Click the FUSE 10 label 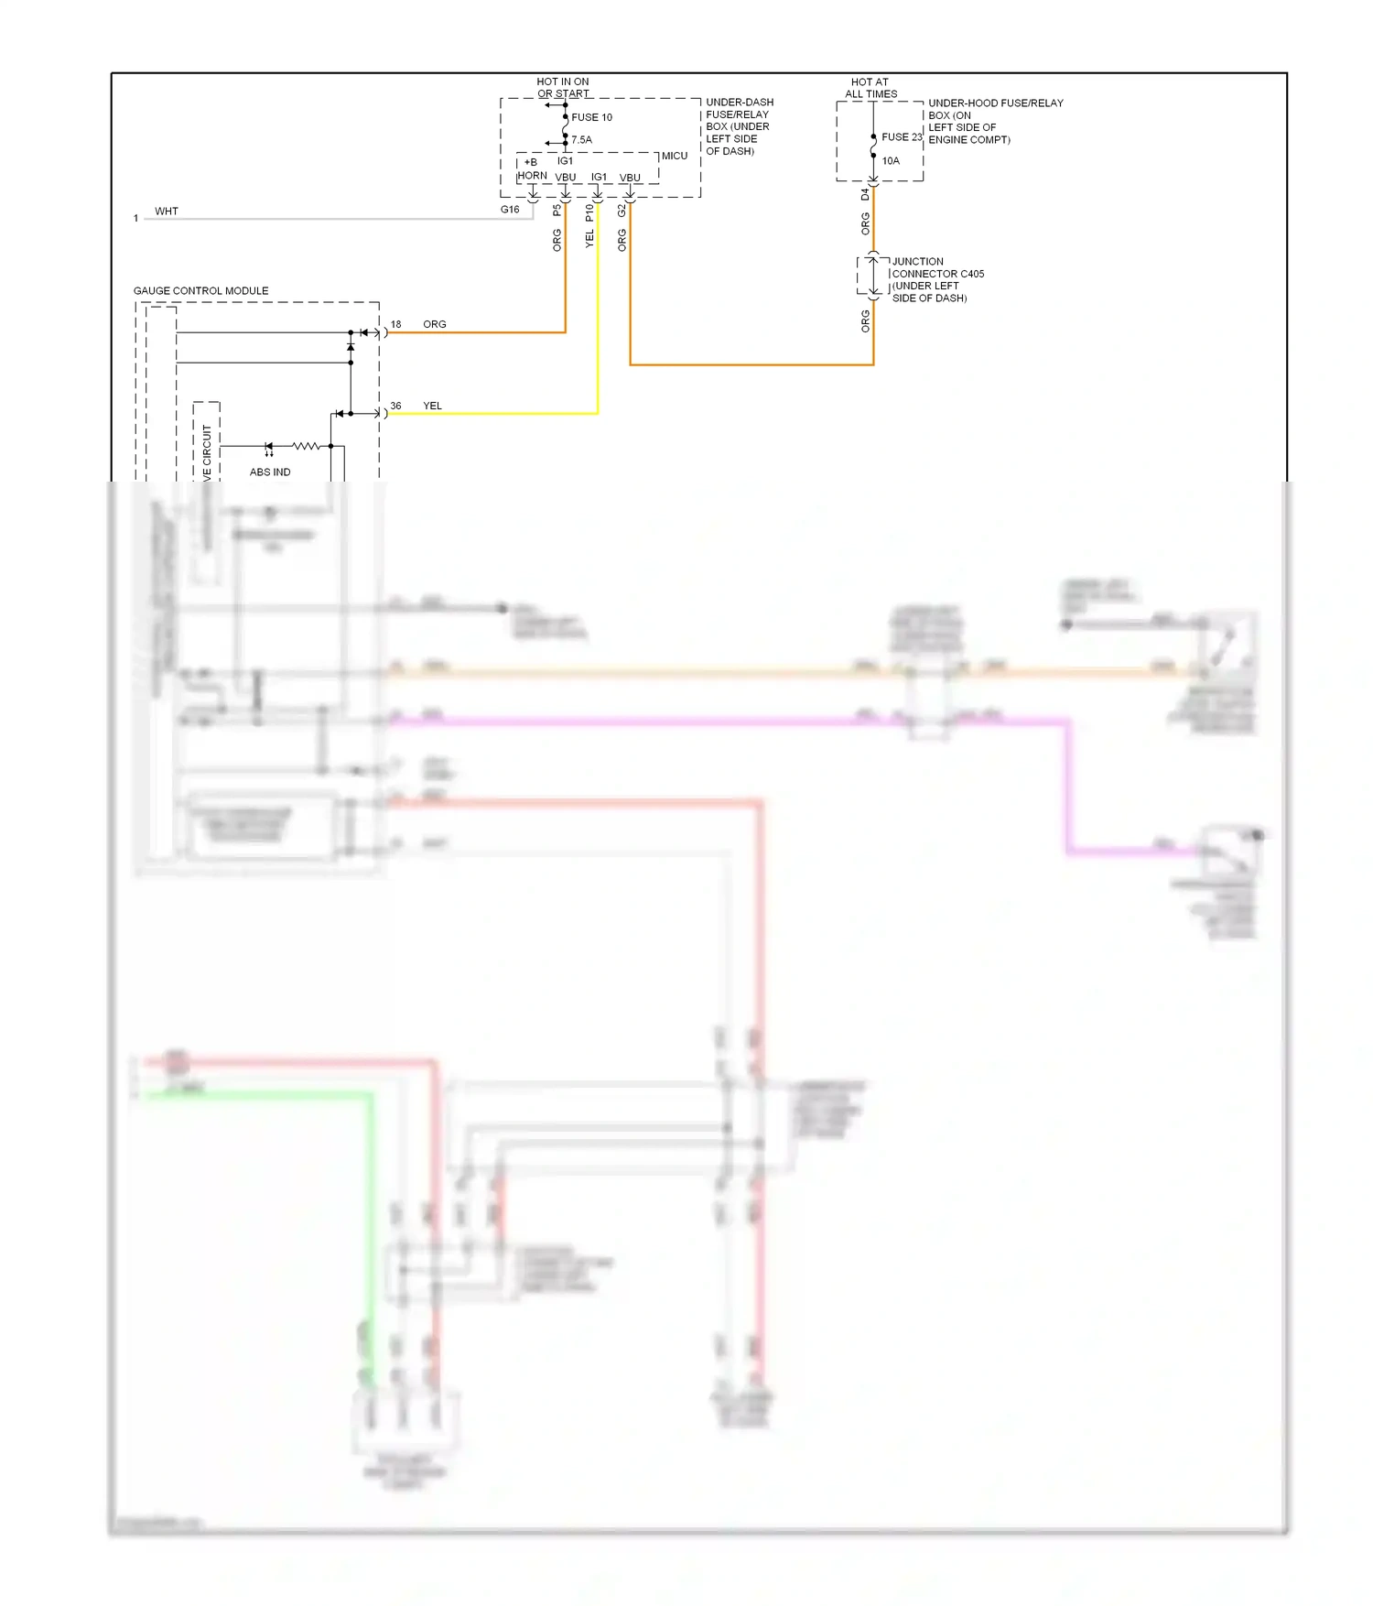pos(591,117)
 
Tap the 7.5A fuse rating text pos(581,140)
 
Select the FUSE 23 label pos(902,137)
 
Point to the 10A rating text pos(891,161)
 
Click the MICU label pos(675,157)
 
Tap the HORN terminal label pos(532,176)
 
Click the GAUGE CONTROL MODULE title pos(200,291)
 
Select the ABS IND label pos(270,472)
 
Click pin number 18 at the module pos(395,324)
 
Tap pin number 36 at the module pos(395,406)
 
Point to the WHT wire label pos(167,212)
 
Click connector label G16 pos(510,210)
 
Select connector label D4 pos(865,195)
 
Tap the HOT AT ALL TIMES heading pos(870,88)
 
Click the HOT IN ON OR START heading pos(563,88)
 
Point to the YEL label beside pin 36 pos(432,406)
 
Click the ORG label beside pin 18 pos(435,324)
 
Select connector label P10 pos(589,212)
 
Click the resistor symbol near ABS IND pos(306,446)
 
